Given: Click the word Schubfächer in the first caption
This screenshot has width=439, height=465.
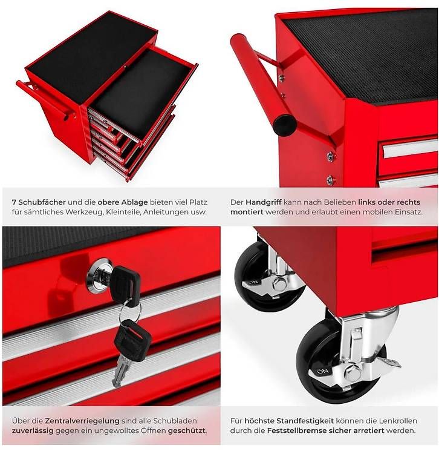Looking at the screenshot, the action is click(x=42, y=202).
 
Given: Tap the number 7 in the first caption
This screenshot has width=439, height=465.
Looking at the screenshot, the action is click(x=14, y=202).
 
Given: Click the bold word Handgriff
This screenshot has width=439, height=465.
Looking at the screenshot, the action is click(x=264, y=202).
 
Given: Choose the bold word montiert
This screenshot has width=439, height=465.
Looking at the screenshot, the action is click(x=247, y=213).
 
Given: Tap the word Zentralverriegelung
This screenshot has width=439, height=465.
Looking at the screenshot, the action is click(x=82, y=421).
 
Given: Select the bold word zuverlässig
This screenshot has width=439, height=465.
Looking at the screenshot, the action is click(x=33, y=430).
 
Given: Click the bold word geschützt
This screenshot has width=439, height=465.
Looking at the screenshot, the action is click(x=187, y=430).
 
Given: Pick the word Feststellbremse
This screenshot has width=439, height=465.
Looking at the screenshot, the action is click(x=296, y=430).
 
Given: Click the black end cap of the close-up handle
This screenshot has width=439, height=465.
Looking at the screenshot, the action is click(x=285, y=125).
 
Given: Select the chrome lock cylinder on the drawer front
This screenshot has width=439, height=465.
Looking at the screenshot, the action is click(x=100, y=277).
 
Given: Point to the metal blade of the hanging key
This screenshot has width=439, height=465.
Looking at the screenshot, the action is click(x=120, y=371).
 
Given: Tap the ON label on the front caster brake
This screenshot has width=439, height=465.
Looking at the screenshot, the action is click(x=322, y=371).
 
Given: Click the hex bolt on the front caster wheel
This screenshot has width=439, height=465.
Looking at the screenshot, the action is click(x=353, y=373).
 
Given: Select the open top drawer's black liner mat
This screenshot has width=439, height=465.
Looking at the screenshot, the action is click(x=138, y=90).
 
